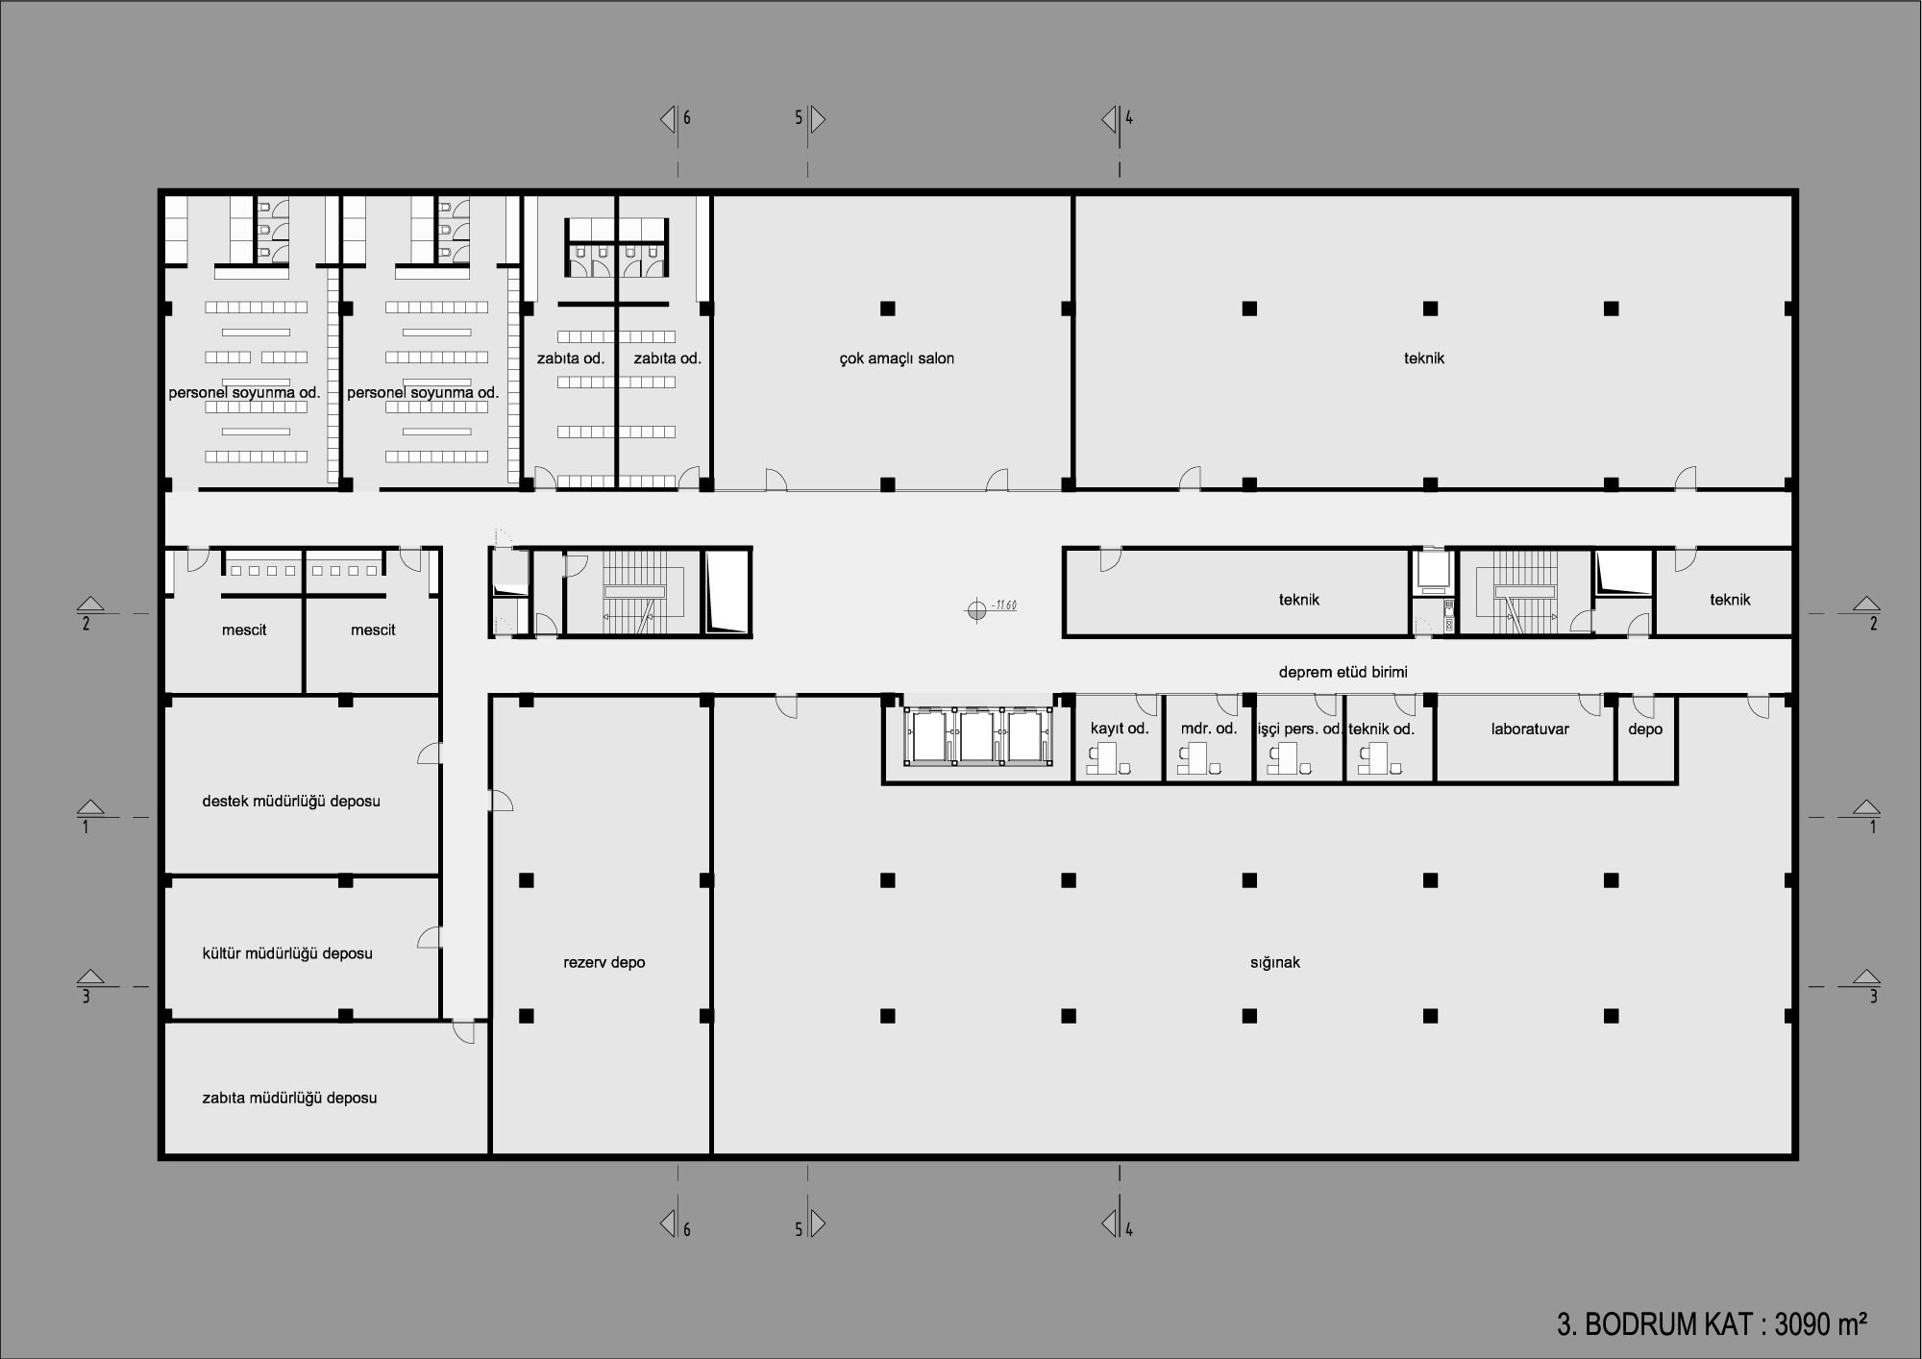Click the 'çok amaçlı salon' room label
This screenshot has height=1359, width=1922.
click(897, 358)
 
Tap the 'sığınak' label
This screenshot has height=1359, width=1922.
click(1274, 962)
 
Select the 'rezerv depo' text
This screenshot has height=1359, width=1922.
click(604, 962)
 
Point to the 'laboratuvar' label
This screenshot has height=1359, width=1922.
click(1530, 729)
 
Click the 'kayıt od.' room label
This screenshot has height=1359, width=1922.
click(1120, 729)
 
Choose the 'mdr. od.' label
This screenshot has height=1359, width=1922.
click(1209, 729)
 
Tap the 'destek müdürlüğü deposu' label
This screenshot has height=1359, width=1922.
click(291, 802)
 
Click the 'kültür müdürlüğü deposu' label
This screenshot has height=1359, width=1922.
click(287, 953)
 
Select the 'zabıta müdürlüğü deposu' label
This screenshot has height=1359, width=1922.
click(289, 1098)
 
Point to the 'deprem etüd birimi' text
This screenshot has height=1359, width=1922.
click(1343, 672)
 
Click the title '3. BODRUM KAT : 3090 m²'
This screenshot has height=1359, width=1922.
click(1712, 1323)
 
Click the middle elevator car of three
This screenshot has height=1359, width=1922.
click(978, 736)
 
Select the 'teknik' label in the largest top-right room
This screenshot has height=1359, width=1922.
click(1424, 358)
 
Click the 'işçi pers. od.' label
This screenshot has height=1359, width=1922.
click(1299, 729)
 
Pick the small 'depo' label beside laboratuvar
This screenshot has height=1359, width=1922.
click(1645, 729)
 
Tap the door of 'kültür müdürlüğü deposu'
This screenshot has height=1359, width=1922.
click(429, 938)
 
